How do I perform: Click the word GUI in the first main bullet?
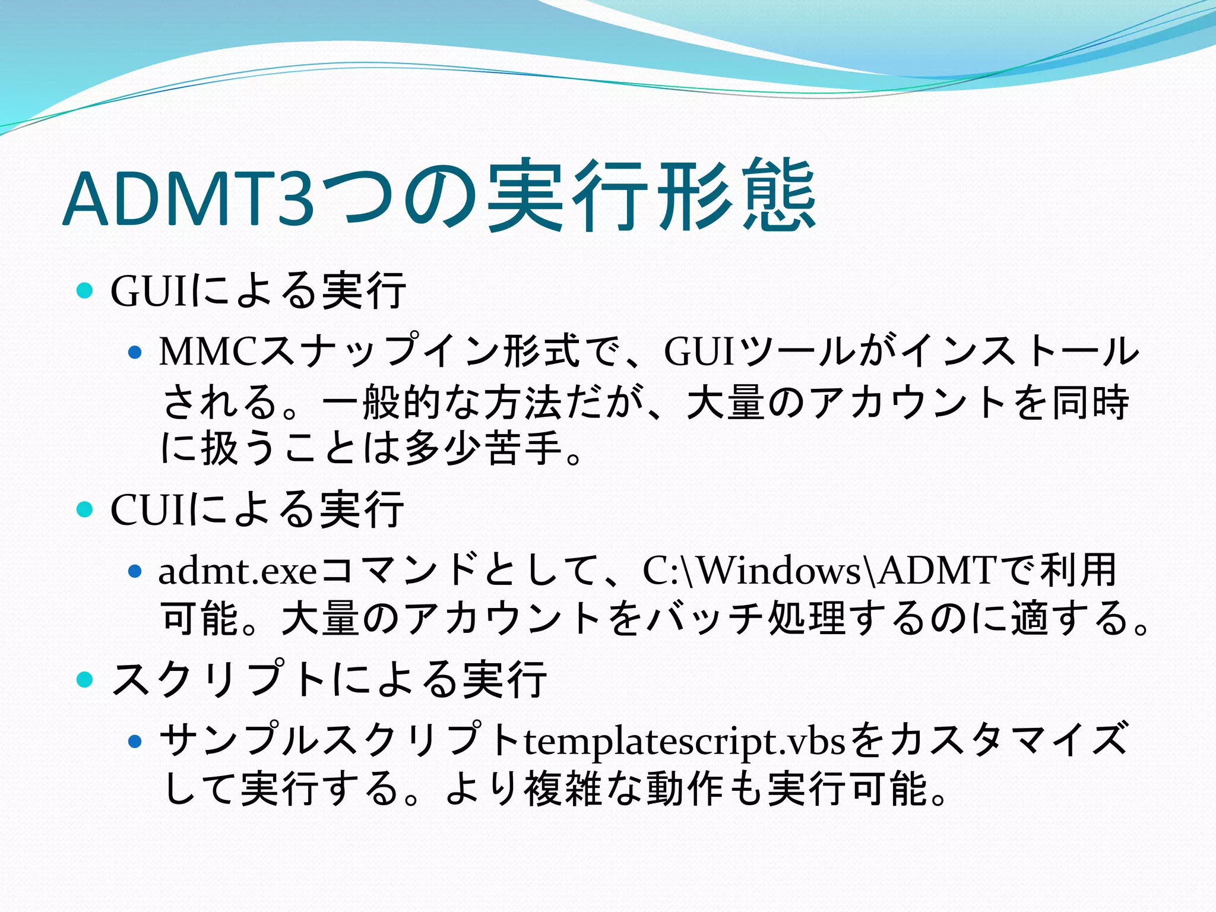148,291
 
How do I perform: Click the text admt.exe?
237,571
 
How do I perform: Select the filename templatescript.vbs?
683,741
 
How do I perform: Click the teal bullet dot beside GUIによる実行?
85,291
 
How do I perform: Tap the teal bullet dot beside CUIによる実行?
85,509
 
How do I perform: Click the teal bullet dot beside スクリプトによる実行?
85,679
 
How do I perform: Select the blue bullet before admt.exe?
135,572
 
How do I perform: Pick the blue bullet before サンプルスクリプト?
135,742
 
